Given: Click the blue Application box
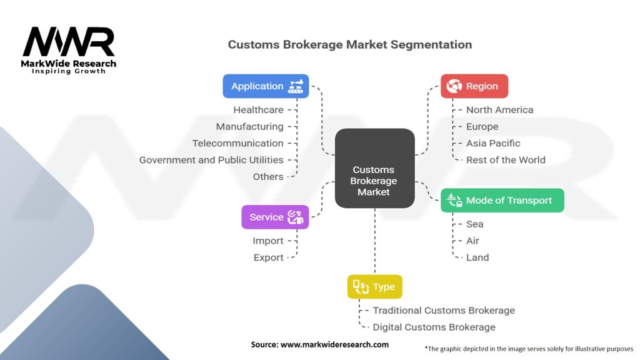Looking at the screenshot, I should tap(266, 86).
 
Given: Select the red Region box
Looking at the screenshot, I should tap(474, 86).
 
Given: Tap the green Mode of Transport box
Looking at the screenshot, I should tap(502, 201).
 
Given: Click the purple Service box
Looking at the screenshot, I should tap(275, 217).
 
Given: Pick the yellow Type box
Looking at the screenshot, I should tap(375, 287).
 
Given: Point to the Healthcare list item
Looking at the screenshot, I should tap(258, 110).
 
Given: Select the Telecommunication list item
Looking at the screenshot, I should tap(237, 143).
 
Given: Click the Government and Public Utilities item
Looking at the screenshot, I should tap(211, 160).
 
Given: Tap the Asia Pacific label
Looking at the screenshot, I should tap(493, 143).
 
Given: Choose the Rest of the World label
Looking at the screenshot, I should tap(506, 160).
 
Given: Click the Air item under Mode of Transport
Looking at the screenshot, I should tap(472, 241).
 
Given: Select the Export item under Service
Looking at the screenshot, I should tap(268, 257).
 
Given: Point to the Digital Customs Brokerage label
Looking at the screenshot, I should tap(434, 327).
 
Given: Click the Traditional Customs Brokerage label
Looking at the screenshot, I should tap(444, 310).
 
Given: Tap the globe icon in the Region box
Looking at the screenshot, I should tap(454, 86).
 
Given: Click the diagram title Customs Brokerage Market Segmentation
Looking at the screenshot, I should tap(349, 44).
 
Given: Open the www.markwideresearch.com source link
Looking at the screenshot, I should tap(334, 344).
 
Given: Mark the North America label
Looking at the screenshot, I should tap(499, 110).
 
